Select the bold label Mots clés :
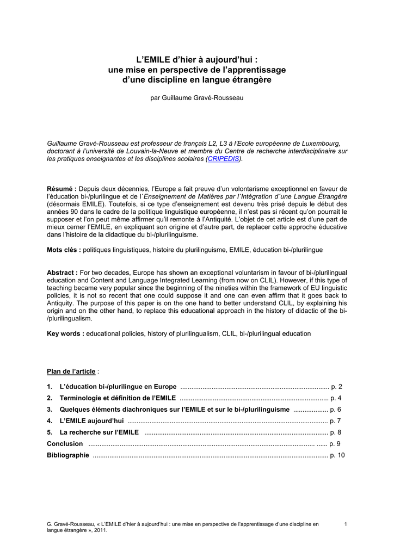click(x=64, y=250)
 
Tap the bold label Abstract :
click(x=63, y=272)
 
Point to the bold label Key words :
click(x=65, y=333)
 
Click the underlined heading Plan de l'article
click(x=71, y=372)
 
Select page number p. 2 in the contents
click(x=337, y=387)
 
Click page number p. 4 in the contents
click(x=336, y=398)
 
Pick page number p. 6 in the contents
click(x=336, y=410)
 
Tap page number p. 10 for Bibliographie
click(x=338, y=455)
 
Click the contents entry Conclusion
click(x=65, y=444)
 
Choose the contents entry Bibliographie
click(x=68, y=455)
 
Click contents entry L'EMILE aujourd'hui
click(x=91, y=421)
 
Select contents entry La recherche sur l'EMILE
click(x=99, y=432)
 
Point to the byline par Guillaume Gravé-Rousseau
click(x=197, y=98)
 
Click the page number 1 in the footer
click(x=346, y=524)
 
